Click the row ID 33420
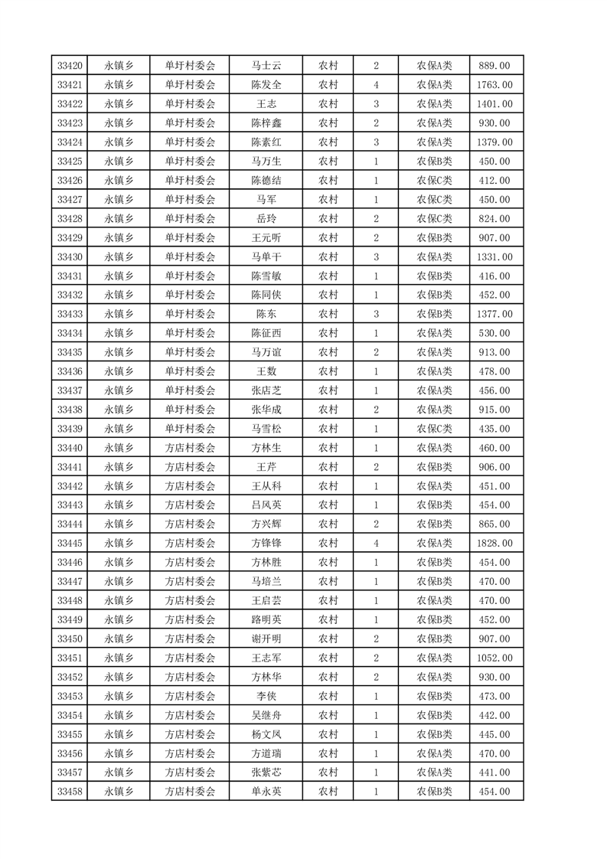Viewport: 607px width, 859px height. coord(70,66)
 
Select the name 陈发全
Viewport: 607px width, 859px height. coord(266,85)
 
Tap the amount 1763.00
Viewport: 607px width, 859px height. coord(494,85)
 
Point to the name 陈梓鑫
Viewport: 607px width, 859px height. coord(266,123)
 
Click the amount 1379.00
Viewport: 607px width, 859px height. coord(494,142)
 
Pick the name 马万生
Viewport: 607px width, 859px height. coord(266,162)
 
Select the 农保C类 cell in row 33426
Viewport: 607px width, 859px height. coord(434,181)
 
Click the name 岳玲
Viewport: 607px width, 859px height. coord(266,219)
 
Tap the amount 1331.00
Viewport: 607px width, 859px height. coord(494,257)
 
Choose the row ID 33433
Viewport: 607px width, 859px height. coord(70,314)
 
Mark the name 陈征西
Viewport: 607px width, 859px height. coord(266,333)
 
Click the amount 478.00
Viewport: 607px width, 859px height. coord(494,371)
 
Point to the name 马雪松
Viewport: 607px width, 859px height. coord(266,429)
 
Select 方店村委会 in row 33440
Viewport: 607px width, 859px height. coord(191,448)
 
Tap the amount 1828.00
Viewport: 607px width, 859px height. coord(494,544)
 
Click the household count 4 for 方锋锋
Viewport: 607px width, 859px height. coord(376,544)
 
